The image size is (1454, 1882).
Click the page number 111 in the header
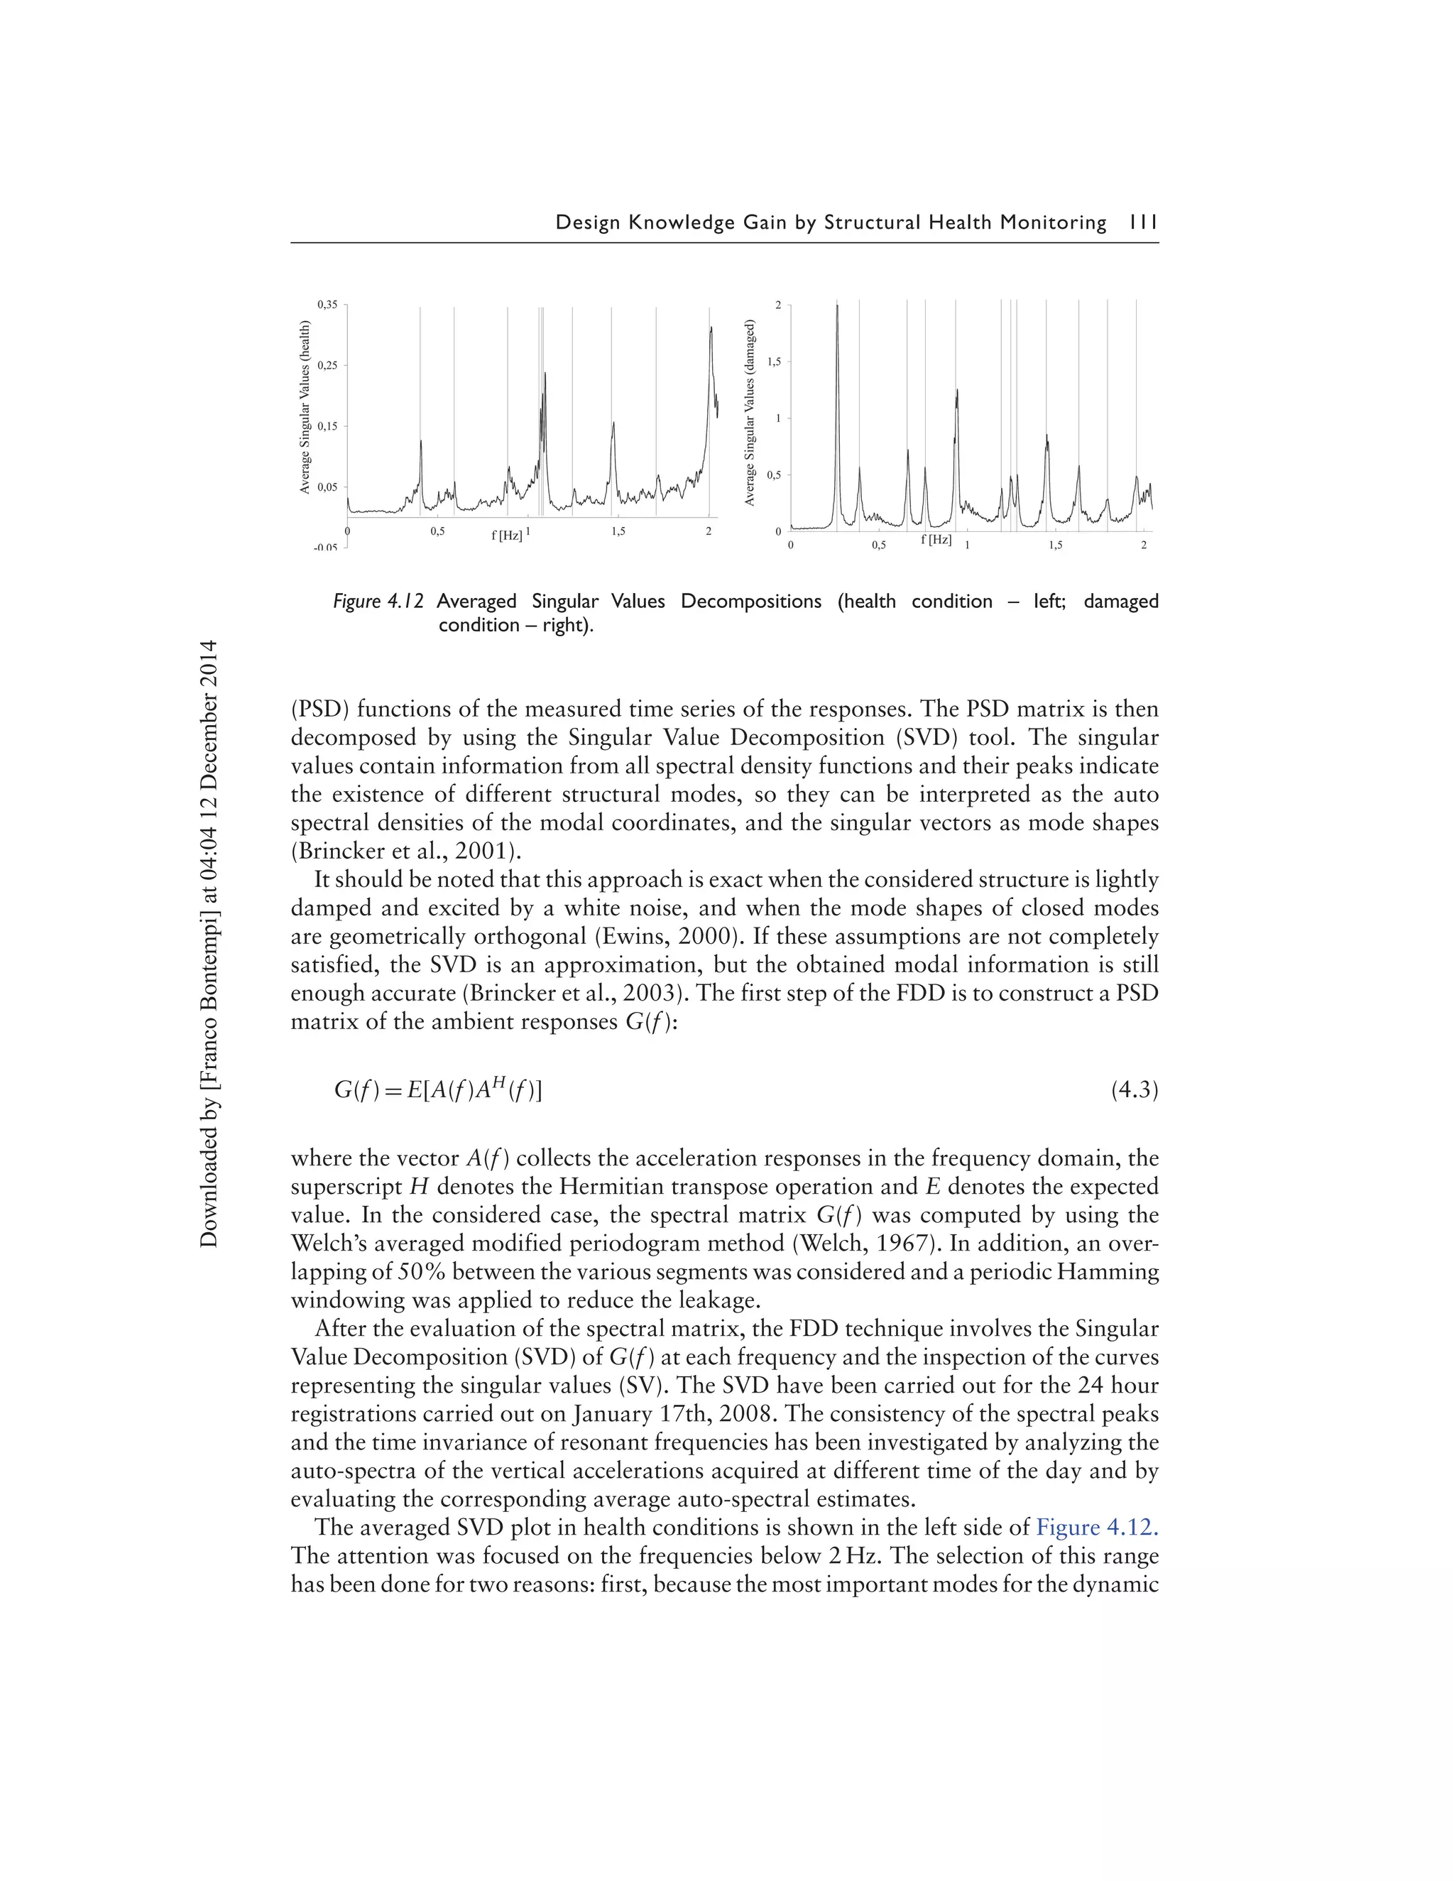[1142, 222]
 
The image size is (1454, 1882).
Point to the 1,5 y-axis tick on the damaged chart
[774, 362]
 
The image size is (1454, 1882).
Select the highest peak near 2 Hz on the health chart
[711, 330]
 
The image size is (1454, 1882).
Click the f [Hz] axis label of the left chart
[506, 535]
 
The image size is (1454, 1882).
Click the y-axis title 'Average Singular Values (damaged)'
[750, 413]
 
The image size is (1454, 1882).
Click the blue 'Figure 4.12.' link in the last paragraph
[1096, 1527]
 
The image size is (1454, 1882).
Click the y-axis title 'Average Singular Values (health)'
[305, 408]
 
